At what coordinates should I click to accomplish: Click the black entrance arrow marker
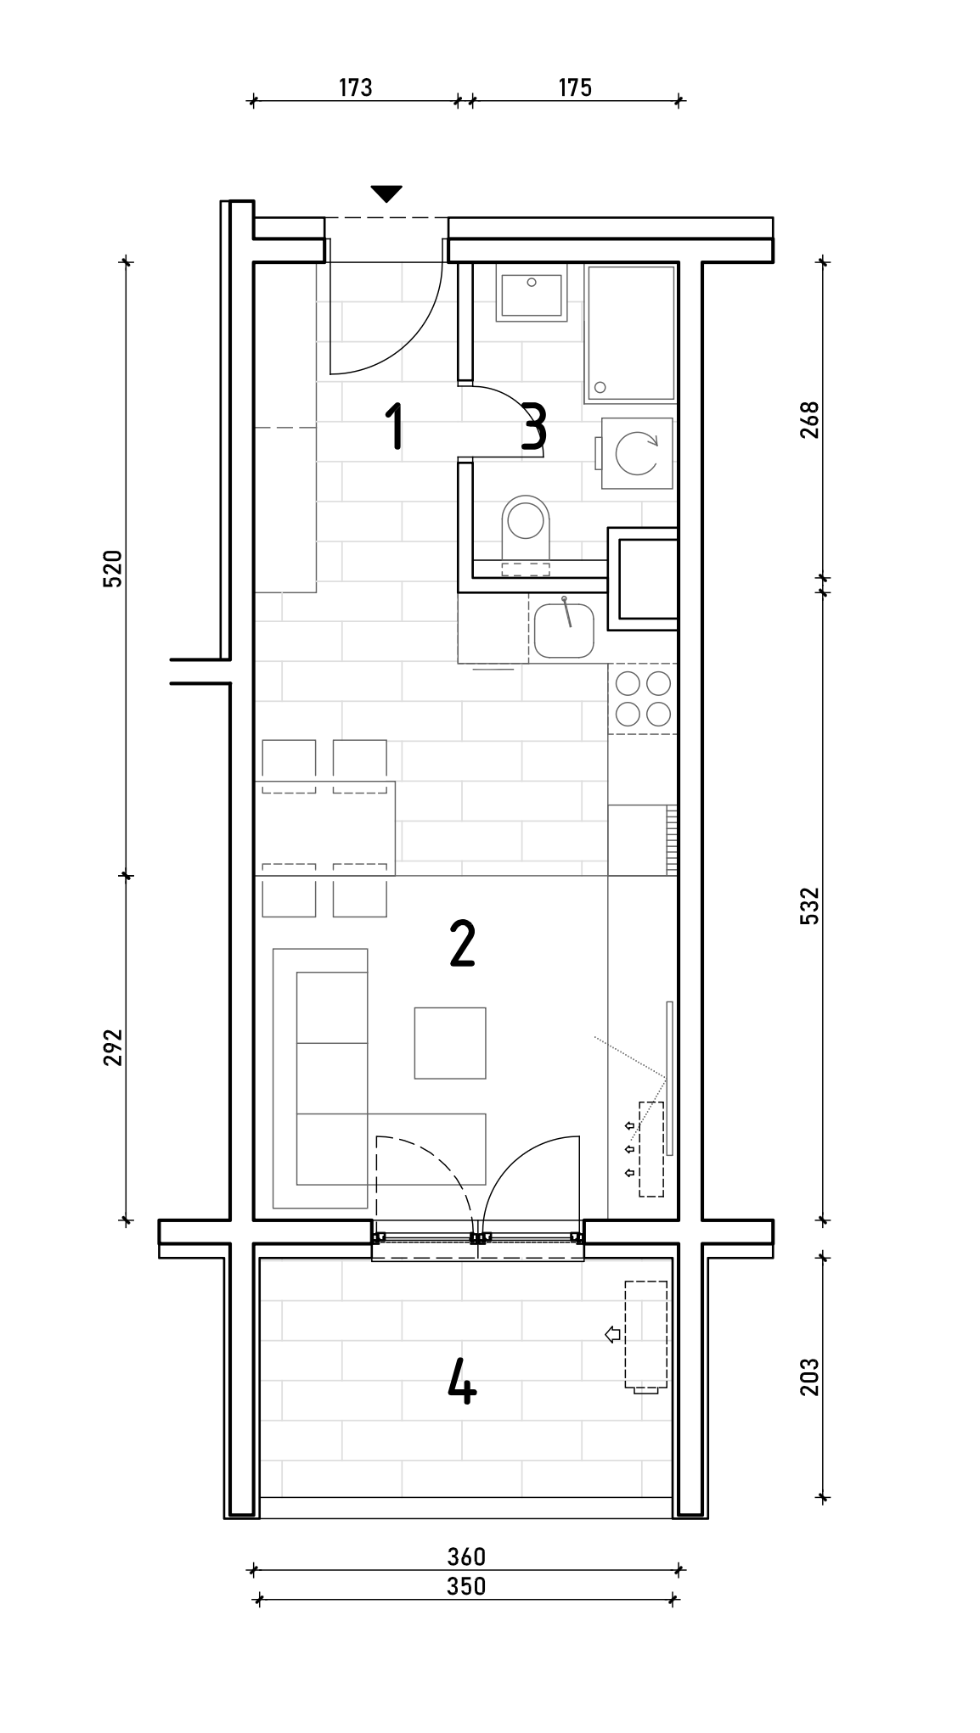[x=386, y=194]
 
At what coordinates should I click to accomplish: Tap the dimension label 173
[x=355, y=87]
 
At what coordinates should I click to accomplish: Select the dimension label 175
[x=575, y=87]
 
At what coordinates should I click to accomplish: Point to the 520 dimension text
[x=113, y=569]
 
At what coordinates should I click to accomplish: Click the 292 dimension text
[x=113, y=1047]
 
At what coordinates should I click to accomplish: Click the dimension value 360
[x=466, y=1556]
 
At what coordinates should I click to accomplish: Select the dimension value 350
[x=466, y=1585]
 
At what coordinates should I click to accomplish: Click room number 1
[x=393, y=427]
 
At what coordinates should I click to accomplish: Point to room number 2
[x=462, y=944]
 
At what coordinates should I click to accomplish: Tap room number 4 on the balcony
[x=462, y=1381]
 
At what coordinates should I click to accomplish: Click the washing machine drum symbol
[x=637, y=453]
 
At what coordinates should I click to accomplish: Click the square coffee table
[x=450, y=1043]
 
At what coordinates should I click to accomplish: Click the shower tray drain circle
[x=600, y=388]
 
